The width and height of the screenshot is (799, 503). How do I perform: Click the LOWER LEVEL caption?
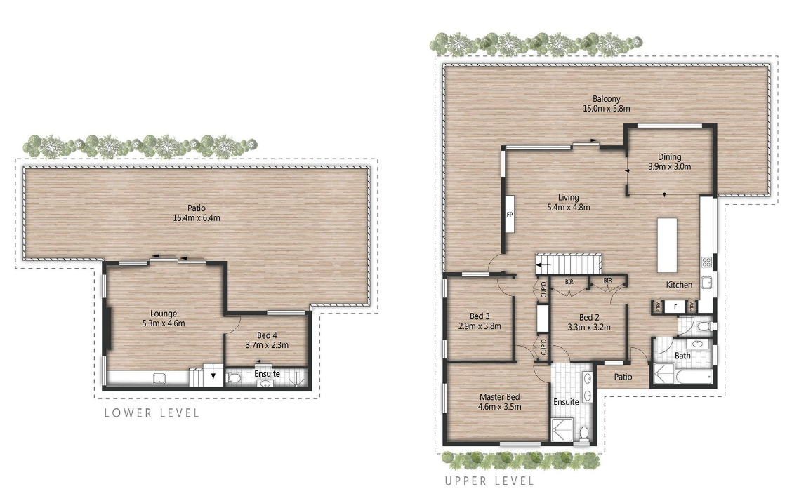pyautogui.click(x=152, y=413)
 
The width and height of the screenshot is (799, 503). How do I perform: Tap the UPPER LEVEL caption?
pyautogui.click(x=489, y=481)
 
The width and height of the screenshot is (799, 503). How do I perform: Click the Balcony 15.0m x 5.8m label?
pyautogui.click(x=606, y=104)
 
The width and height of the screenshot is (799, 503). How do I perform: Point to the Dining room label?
pyautogui.click(x=669, y=157)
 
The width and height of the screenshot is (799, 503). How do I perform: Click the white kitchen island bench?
pyautogui.click(x=667, y=245)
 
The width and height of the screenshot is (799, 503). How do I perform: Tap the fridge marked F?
pyautogui.click(x=675, y=307)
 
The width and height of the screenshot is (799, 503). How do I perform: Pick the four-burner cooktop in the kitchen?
pyautogui.click(x=706, y=263)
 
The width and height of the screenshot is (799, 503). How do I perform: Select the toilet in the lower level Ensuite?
pyautogui.click(x=235, y=378)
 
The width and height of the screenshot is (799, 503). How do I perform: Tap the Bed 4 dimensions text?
pyautogui.click(x=267, y=344)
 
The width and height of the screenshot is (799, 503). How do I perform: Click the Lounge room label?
pyautogui.click(x=163, y=314)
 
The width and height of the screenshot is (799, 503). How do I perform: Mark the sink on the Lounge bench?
pyautogui.click(x=159, y=380)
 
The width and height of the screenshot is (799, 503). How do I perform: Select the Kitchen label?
pyautogui.click(x=680, y=285)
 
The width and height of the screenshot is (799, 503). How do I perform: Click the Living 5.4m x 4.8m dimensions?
pyautogui.click(x=568, y=207)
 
